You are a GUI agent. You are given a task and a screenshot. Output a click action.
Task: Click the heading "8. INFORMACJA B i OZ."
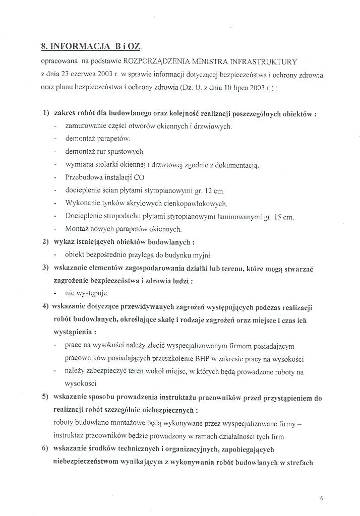pos(92,46)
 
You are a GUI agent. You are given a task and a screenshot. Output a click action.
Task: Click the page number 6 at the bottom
pos(322,498)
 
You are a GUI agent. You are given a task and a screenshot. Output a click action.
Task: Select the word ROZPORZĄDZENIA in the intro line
pos(166,61)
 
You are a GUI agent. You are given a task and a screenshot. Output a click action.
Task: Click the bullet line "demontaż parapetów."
pos(97,139)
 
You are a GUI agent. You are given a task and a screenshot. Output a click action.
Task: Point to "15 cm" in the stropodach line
pos(283,217)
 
